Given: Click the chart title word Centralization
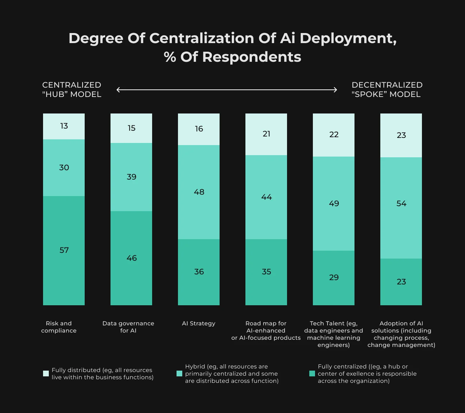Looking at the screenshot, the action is (x=202, y=38).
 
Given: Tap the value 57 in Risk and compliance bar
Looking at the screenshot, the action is (x=64, y=250).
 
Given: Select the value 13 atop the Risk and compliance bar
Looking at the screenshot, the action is (x=64, y=126).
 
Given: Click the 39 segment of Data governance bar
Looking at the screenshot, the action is (x=131, y=177).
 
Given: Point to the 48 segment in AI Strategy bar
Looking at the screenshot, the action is (x=199, y=192).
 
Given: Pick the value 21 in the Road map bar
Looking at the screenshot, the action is (x=266, y=134).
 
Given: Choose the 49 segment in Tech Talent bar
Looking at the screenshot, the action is (x=334, y=204).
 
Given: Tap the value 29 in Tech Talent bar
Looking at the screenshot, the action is (x=334, y=278).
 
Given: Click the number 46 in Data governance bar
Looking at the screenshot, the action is (x=132, y=258).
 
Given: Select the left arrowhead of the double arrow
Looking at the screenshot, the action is (x=118, y=89).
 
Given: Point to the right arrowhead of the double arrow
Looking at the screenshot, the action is (x=335, y=89).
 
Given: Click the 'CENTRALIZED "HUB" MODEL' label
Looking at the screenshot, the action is (x=72, y=89).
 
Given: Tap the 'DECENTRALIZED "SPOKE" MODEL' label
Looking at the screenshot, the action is (x=387, y=89).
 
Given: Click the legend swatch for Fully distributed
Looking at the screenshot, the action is (x=46, y=373).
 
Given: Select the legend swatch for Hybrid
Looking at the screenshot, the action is (x=179, y=373).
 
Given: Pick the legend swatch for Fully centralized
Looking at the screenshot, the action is (x=312, y=373).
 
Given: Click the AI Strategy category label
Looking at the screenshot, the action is (x=198, y=324).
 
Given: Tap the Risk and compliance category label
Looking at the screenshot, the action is (x=59, y=327).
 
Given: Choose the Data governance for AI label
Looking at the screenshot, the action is (x=128, y=327).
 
